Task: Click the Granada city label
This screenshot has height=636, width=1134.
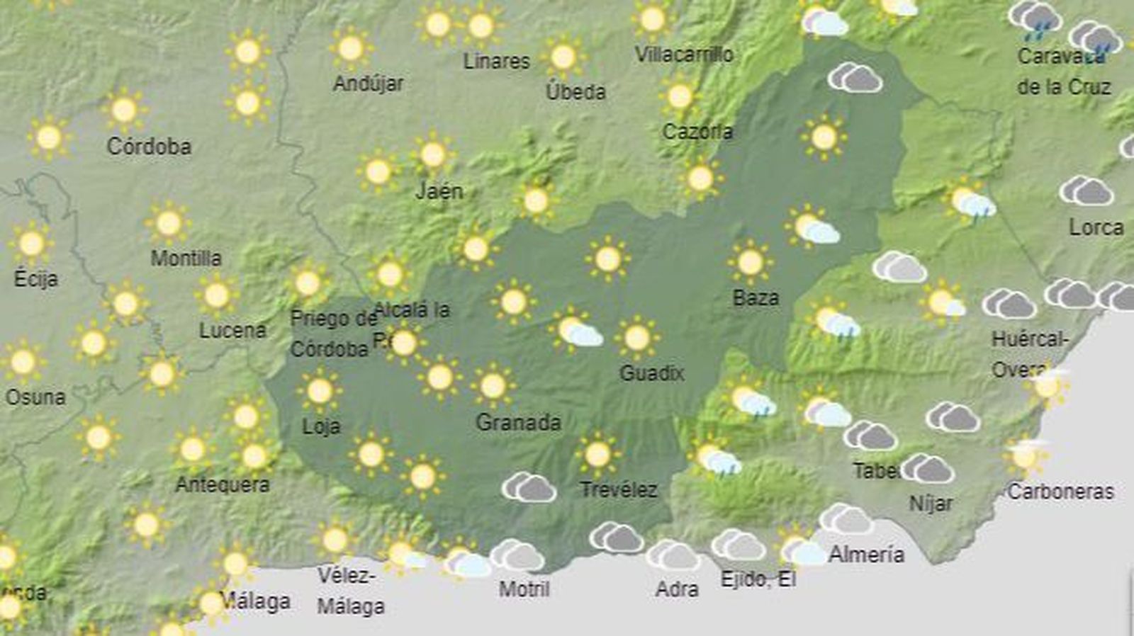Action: click(x=518, y=423)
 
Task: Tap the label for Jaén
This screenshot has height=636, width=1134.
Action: click(x=439, y=191)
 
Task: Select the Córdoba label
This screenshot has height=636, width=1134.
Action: click(x=149, y=147)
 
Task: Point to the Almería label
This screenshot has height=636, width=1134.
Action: click(x=866, y=554)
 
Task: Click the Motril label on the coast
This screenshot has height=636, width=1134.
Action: click(x=524, y=589)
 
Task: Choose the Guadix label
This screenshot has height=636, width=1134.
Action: click(x=651, y=373)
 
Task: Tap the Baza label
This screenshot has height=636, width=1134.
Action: click(x=756, y=297)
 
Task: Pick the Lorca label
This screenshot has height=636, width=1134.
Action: click(x=1096, y=227)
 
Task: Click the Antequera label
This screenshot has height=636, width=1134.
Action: click(x=223, y=484)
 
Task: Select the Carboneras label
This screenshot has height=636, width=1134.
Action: click(x=1060, y=491)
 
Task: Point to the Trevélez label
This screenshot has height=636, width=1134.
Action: click(x=619, y=489)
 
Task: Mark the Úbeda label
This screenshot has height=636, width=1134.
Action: click(x=576, y=91)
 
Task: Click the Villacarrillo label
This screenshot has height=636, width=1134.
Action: click(x=684, y=54)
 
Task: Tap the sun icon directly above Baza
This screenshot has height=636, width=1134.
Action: click(x=750, y=262)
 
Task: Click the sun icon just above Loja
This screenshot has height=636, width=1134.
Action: click(x=319, y=390)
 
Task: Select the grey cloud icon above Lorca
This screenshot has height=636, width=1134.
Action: click(x=1086, y=191)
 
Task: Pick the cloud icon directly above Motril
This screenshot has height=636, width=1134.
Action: click(x=517, y=555)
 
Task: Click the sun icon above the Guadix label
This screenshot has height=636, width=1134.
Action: click(x=636, y=337)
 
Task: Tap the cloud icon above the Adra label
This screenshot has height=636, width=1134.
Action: click(x=672, y=555)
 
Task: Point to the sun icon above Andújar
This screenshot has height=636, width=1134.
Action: click(x=350, y=48)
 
